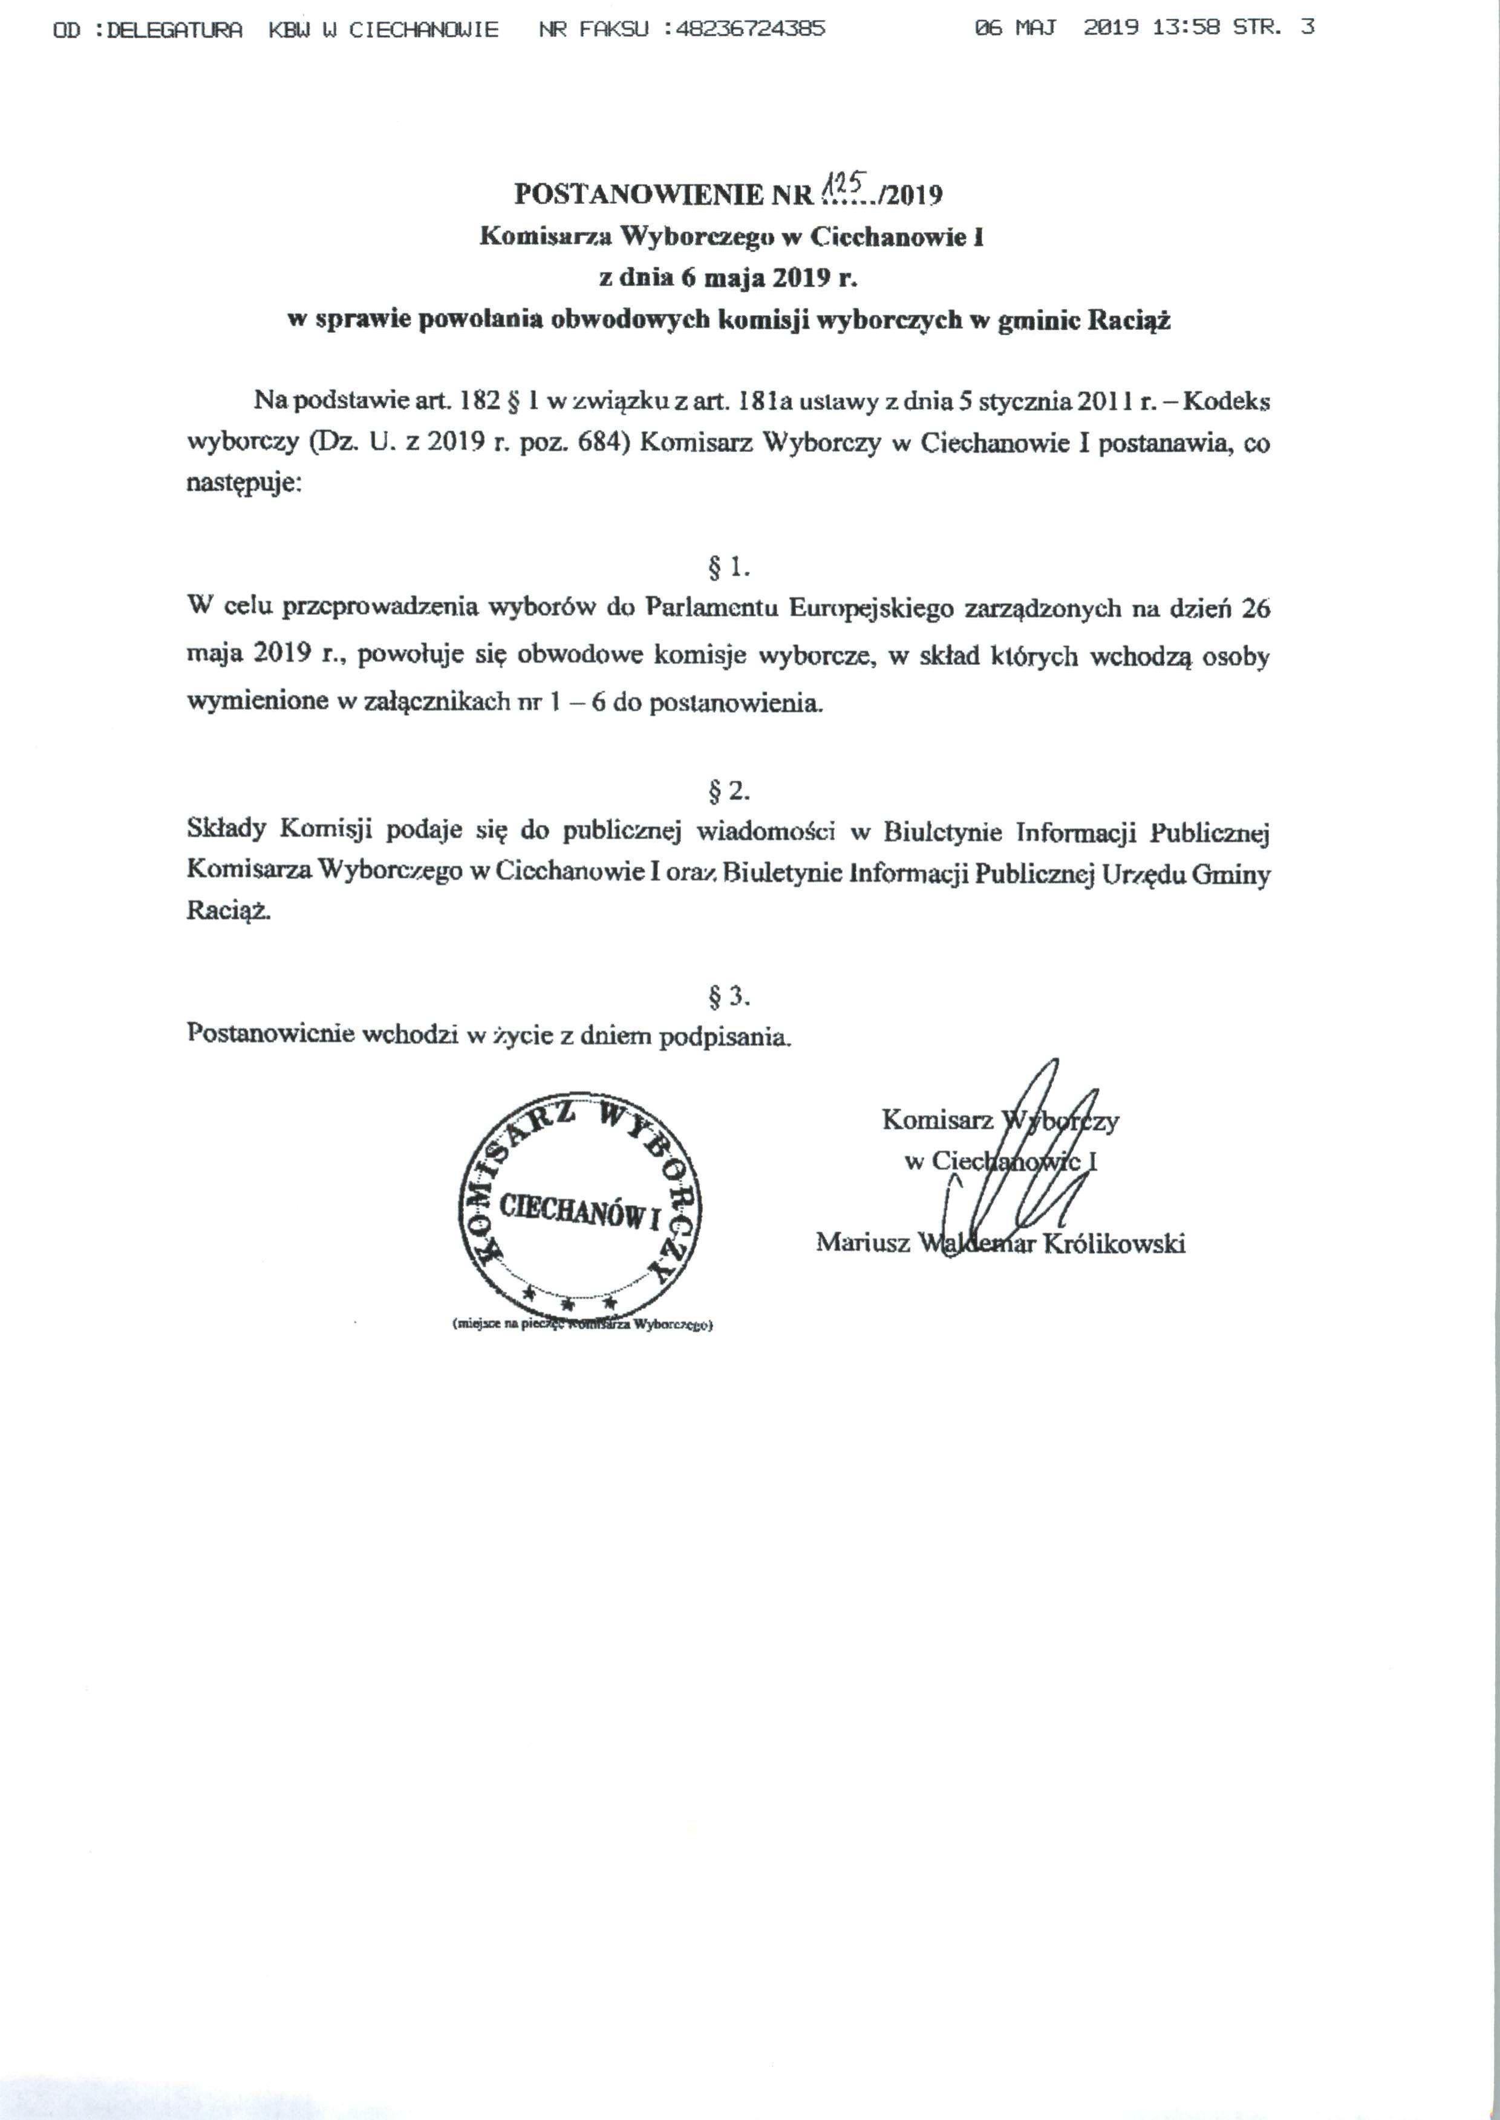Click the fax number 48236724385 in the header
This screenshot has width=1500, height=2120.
pos(750,28)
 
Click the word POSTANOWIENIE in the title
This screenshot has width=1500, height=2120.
pos(637,195)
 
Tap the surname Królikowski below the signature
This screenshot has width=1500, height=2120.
pos(1114,1243)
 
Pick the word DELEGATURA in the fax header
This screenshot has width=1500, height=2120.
pos(175,28)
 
